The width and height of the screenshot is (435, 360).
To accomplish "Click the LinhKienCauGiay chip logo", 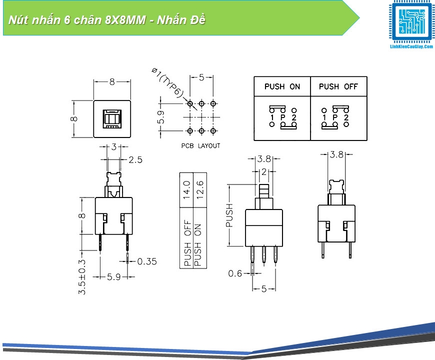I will coord(411,23).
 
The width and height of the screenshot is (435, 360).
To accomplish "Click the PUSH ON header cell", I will coord(282,86).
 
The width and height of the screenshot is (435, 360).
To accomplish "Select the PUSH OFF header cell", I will coord(338,86).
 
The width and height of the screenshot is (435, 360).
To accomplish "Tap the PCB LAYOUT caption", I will coord(200,146).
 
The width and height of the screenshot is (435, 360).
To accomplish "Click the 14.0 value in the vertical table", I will coord(187,190).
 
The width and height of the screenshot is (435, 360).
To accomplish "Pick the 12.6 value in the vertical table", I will coord(199,190).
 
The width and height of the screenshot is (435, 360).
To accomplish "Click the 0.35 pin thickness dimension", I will coord(146,261).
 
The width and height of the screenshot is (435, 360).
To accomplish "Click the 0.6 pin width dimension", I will coord(235,273).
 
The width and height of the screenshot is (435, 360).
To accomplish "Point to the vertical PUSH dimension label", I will coord(229,215).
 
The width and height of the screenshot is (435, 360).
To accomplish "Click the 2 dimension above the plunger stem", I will coord(263,172).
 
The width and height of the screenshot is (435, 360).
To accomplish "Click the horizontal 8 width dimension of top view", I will coord(112,81).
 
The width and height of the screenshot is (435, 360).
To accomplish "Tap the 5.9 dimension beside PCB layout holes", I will coord(161,117).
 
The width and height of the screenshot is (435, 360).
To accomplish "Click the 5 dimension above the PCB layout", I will coord(201,77).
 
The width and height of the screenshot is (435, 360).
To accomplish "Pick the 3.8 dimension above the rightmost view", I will coord(336,155).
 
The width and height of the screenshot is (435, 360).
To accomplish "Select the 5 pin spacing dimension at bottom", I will coord(264,288).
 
